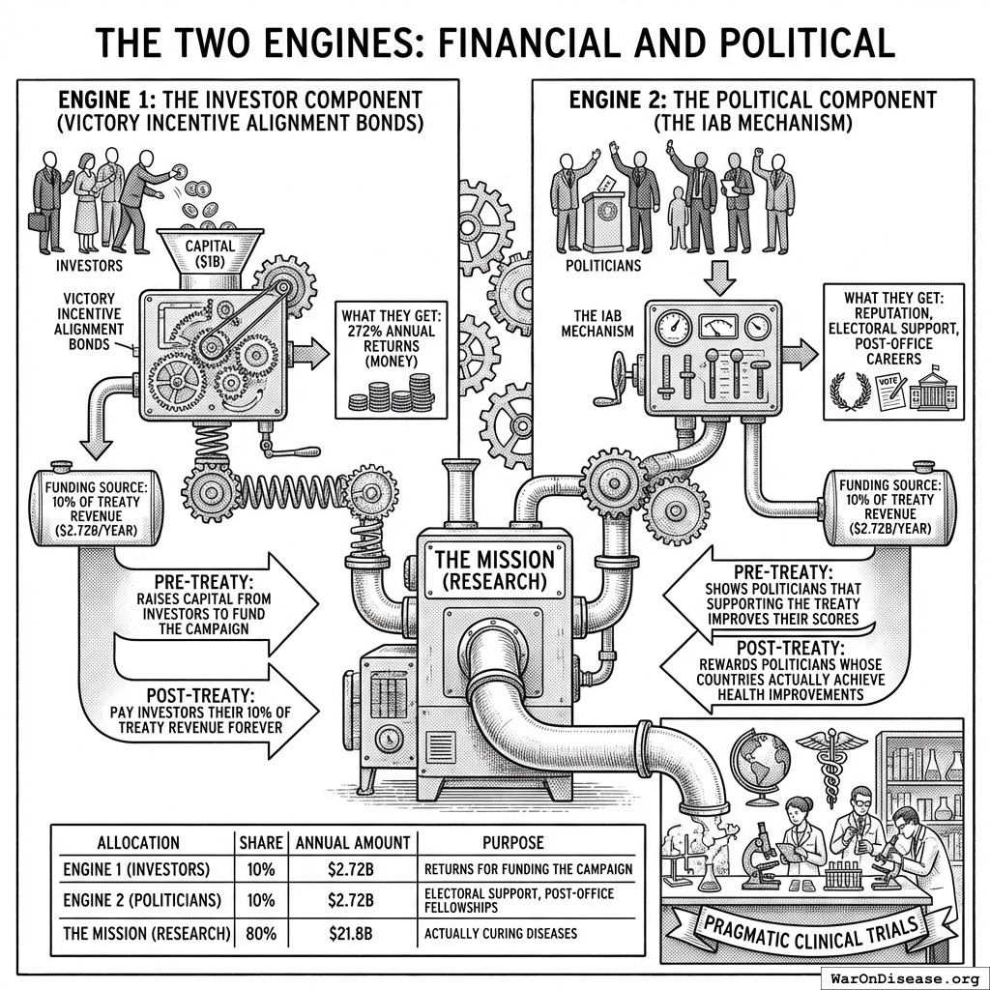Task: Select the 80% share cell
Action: [261, 935]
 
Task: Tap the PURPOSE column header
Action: [511, 843]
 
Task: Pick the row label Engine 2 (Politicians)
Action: [140, 900]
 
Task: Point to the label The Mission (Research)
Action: [494, 570]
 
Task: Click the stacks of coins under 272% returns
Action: [393, 393]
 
